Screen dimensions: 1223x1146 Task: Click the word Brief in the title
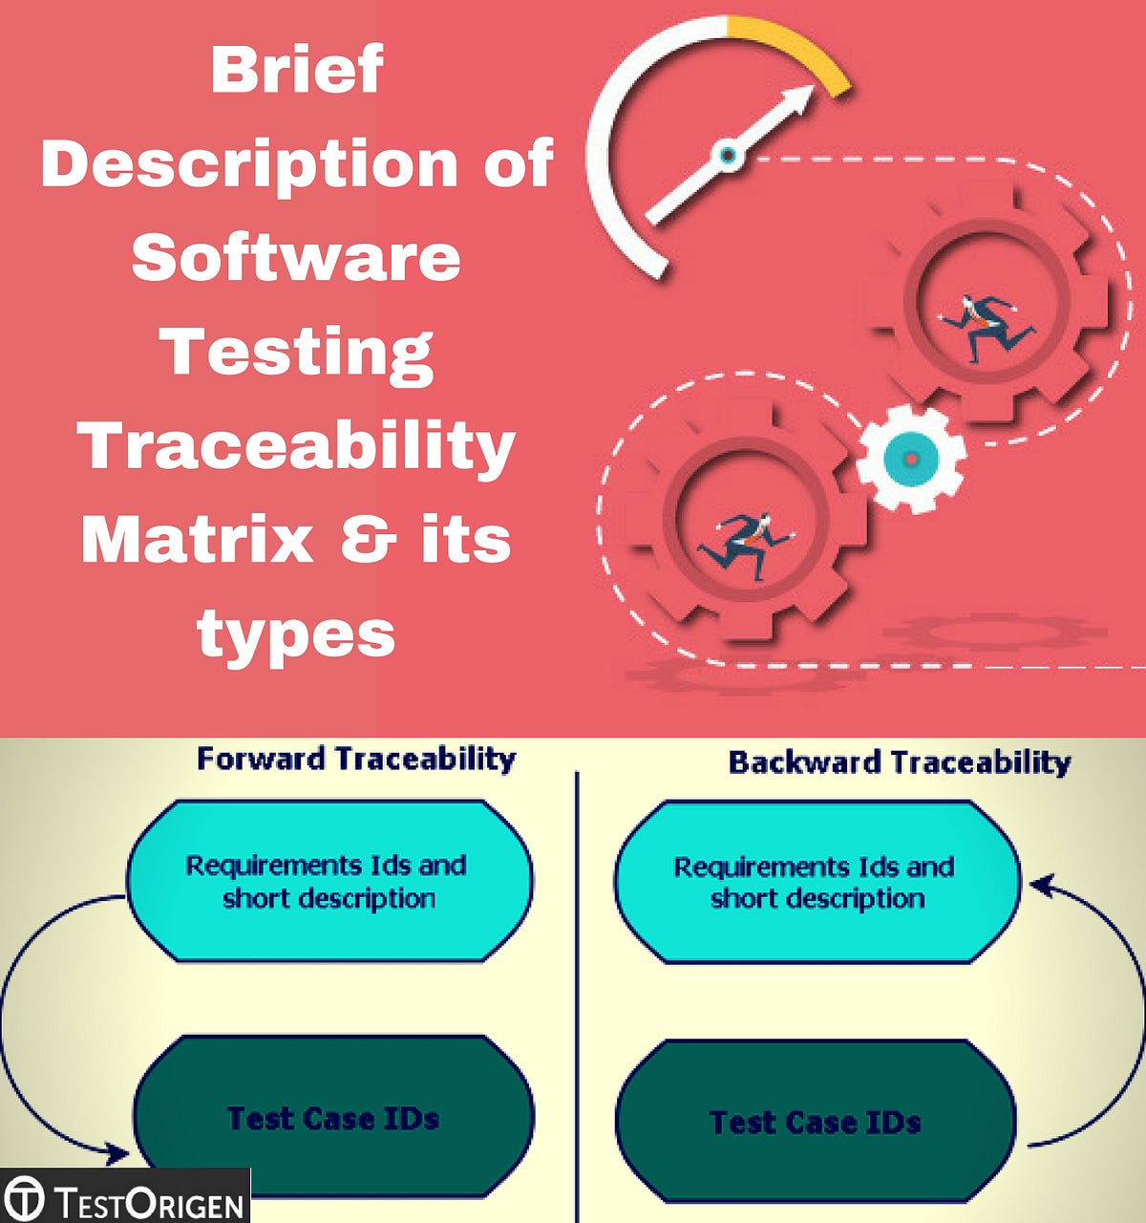tap(296, 70)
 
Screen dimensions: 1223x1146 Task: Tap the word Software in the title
tap(296, 258)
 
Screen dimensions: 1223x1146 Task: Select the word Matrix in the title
tap(198, 540)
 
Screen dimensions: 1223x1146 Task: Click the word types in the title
tap(296, 634)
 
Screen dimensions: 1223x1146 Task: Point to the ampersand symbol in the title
tap(368, 540)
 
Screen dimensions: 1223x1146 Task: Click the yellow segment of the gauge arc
tap(797, 48)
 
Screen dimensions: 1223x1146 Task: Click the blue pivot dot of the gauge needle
tap(728, 154)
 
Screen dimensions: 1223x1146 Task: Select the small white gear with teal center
tap(910, 459)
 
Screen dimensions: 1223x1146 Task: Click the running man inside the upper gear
tap(984, 325)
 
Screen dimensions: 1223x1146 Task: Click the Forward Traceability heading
tap(356, 759)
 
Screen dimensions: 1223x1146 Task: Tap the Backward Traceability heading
tap(900, 762)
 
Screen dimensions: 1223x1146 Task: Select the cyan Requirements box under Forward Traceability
tap(328, 881)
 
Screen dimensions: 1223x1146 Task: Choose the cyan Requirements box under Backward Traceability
tap(816, 882)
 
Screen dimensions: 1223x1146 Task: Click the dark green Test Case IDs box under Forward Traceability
tap(333, 1118)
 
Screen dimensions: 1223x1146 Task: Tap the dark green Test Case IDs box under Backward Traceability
tap(815, 1122)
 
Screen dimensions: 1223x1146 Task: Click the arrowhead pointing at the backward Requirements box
tap(1039, 887)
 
